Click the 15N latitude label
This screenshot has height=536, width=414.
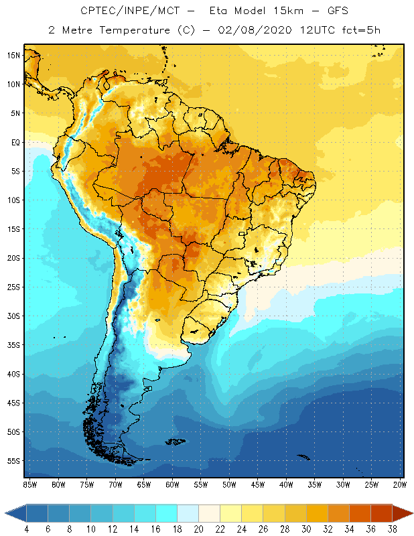pos(13,55)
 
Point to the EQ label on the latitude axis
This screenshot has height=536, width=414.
pos(13,142)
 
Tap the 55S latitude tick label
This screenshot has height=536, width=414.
pos(13,461)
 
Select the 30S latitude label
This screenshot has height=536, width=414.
pos(13,316)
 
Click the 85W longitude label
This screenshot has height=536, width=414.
pos(29,484)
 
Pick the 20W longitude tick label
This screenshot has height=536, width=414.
pos(399,484)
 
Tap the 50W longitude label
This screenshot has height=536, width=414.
pos(229,484)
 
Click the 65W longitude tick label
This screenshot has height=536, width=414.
pos(144,484)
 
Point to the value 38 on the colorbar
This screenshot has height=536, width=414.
pos(391,529)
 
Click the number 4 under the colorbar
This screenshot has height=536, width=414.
pos(27,529)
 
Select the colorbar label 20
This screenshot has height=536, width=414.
pos(198,529)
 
